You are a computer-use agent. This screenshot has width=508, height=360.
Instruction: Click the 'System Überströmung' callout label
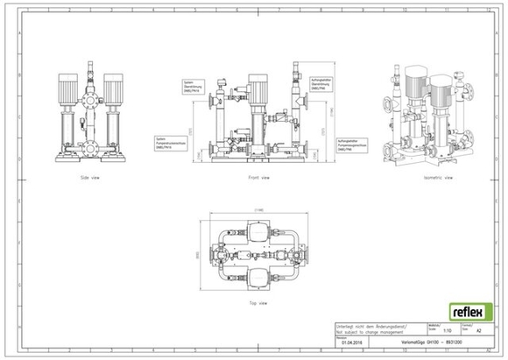[193, 87]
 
